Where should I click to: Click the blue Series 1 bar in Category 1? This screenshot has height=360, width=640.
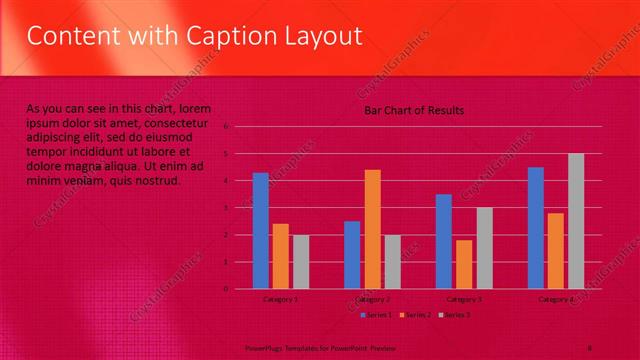tap(260, 231)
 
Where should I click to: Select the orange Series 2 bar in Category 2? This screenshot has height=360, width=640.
tap(372, 229)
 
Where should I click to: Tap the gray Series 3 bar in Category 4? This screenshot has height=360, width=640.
tap(576, 221)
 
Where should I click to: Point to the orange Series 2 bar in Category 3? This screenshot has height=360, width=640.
tap(464, 264)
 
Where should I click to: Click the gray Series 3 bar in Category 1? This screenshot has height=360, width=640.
tap(301, 262)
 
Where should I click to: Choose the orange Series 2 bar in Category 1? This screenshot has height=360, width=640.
tap(281, 256)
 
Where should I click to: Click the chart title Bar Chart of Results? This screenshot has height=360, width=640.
tap(414, 110)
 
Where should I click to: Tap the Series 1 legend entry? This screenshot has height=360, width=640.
tap(376, 315)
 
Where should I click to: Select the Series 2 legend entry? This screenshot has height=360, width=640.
tap(416, 315)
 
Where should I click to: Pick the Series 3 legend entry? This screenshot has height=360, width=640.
tap(455, 315)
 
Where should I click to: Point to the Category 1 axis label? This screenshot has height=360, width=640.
tap(280, 299)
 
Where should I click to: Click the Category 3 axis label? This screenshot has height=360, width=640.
tap(464, 299)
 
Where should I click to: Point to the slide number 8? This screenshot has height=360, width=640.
tap(590, 347)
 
